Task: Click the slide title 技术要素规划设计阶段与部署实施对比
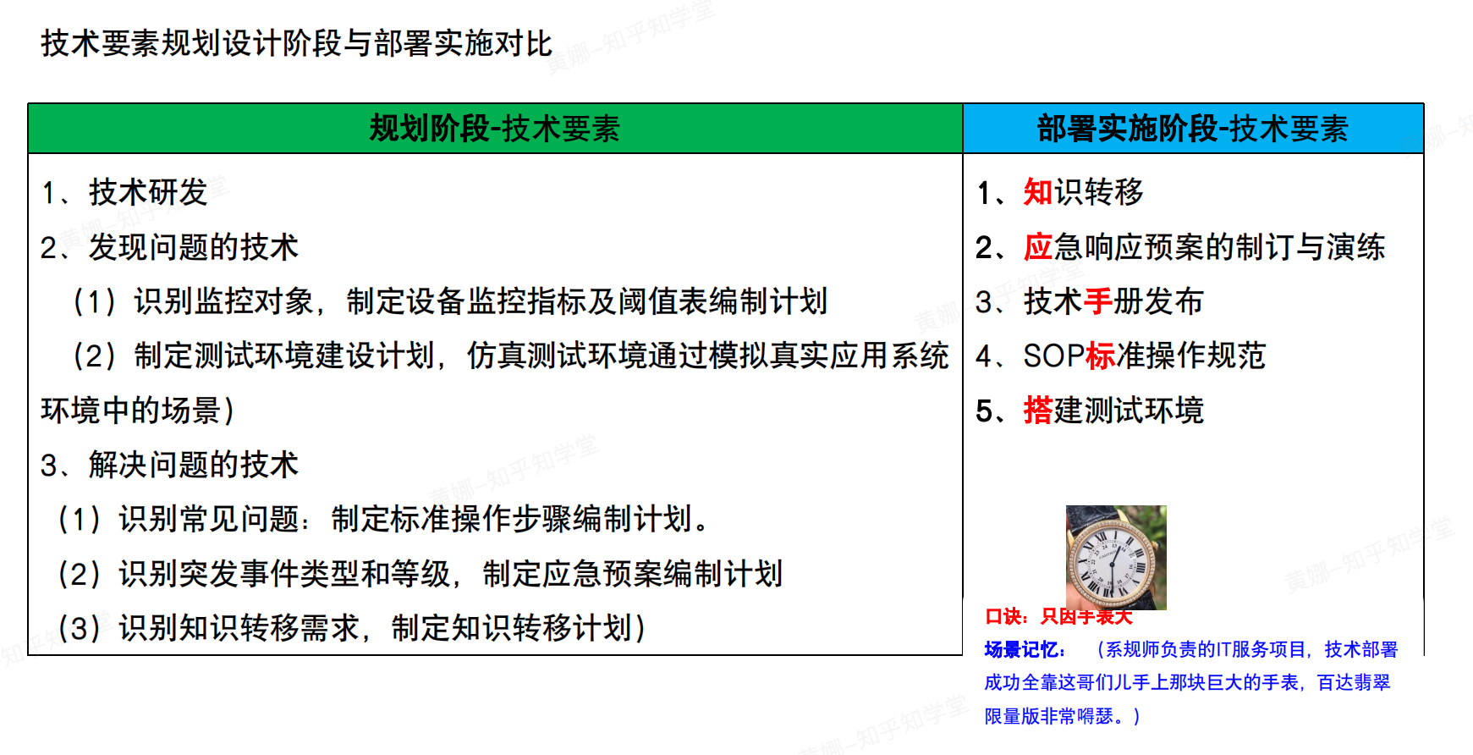(296, 43)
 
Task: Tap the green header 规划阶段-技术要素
(495, 129)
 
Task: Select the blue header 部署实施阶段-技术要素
(1192, 129)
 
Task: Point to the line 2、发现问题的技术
(169, 247)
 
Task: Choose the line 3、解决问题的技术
(169, 465)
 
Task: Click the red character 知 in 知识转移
(1037, 192)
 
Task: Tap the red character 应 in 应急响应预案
(1037, 247)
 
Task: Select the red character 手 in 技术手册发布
(1098, 301)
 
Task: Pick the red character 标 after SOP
(1100, 355)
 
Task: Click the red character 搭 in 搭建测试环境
(1037, 411)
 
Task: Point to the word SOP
(1053, 355)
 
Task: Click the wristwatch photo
(1115, 557)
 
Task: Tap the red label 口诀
(1005, 617)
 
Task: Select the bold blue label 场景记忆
(1024, 649)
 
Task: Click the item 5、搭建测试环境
(1090, 411)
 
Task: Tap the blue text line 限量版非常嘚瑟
(1062, 716)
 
